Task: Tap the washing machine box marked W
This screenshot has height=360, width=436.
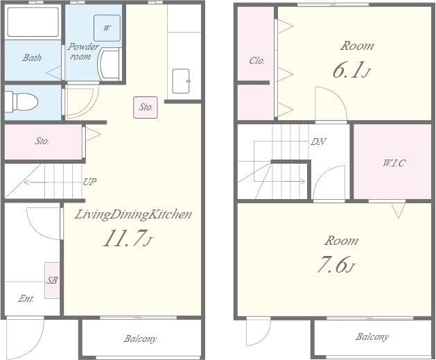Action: [x=107, y=28]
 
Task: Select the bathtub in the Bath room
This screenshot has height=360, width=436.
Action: [x=33, y=22]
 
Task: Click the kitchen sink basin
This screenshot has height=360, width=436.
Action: [x=181, y=81]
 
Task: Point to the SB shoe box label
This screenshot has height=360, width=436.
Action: [x=52, y=280]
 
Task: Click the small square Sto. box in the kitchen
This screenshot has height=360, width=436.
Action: [x=146, y=108]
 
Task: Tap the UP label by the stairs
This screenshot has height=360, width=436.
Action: [x=90, y=182]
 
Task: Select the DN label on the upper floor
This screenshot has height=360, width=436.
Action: [x=318, y=142]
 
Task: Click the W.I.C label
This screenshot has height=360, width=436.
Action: [x=394, y=163]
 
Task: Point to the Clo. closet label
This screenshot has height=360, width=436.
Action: [x=257, y=60]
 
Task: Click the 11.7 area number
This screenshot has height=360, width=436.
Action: [x=128, y=239]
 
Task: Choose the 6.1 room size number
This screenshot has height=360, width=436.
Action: [x=351, y=70]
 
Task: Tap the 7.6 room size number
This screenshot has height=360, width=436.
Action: [x=336, y=264]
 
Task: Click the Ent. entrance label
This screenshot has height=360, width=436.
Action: [x=26, y=299]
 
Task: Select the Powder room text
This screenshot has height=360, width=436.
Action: [x=82, y=51]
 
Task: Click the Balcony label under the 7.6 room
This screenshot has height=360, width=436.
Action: [x=372, y=337]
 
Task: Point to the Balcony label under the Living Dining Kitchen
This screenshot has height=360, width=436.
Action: [x=141, y=338]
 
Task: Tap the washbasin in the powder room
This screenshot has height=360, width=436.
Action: [x=110, y=64]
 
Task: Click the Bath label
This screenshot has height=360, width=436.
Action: [x=32, y=58]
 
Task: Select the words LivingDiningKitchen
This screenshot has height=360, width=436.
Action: [x=133, y=215]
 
